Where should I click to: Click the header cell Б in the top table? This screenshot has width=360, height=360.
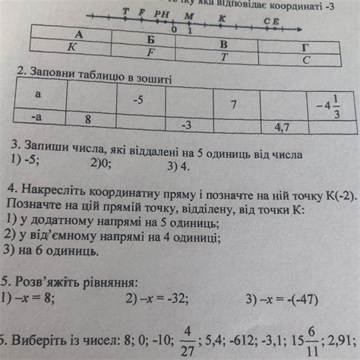(x=151, y=39)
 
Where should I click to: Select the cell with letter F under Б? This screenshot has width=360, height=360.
(x=151, y=52)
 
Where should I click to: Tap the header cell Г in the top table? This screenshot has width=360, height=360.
(x=305, y=45)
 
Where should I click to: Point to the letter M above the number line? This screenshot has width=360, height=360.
(x=189, y=15)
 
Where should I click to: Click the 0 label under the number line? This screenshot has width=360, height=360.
(x=175, y=29)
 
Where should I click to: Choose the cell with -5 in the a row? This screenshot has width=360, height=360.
(x=138, y=99)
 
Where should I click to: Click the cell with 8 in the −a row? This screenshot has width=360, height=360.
(x=88, y=119)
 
